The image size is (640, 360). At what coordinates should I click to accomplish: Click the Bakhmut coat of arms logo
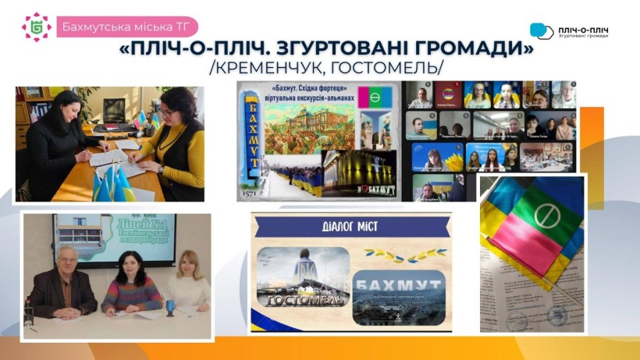click(x=36, y=26)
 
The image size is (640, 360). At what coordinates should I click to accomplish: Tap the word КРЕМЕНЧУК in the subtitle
click(x=278, y=69)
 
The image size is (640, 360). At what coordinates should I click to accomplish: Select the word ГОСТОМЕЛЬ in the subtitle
click(x=389, y=69)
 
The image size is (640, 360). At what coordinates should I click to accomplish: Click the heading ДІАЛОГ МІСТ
click(x=350, y=227)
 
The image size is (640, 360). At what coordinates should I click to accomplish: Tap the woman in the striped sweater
click(x=131, y=285)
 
